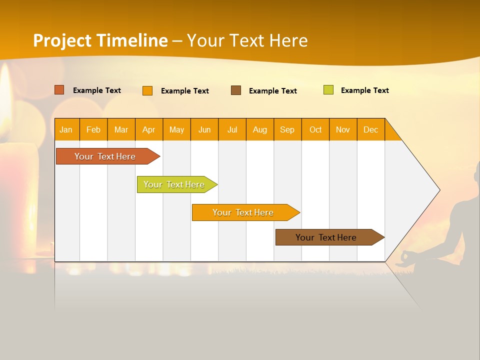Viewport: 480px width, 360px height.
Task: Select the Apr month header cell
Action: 149,129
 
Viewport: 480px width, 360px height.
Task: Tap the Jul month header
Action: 232,129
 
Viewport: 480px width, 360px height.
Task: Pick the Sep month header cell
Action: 287,129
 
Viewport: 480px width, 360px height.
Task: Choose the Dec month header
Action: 370,129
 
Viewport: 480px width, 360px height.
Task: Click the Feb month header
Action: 93,129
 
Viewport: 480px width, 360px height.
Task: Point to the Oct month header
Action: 315,129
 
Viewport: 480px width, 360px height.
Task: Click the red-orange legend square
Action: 59,90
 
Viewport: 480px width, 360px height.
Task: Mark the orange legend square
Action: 147,90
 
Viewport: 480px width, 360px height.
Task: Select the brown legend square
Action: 236,90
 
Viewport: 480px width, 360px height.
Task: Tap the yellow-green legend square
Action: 328,90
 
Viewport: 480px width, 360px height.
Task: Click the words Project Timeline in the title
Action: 100,40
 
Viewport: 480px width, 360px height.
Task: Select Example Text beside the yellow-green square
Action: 364,90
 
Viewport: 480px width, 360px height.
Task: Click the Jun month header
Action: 204,129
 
